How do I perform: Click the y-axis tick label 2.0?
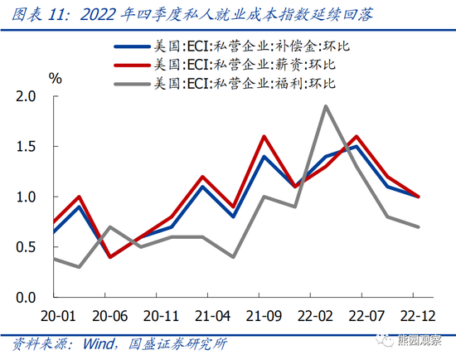[27, 97]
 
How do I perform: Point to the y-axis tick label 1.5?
[27, 147]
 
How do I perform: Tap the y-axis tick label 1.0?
[27, 197]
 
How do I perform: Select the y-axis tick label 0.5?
[27, 247]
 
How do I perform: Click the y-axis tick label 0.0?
[27, 297]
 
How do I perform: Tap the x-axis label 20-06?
[111, 315]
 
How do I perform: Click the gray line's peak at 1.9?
[326, 106]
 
